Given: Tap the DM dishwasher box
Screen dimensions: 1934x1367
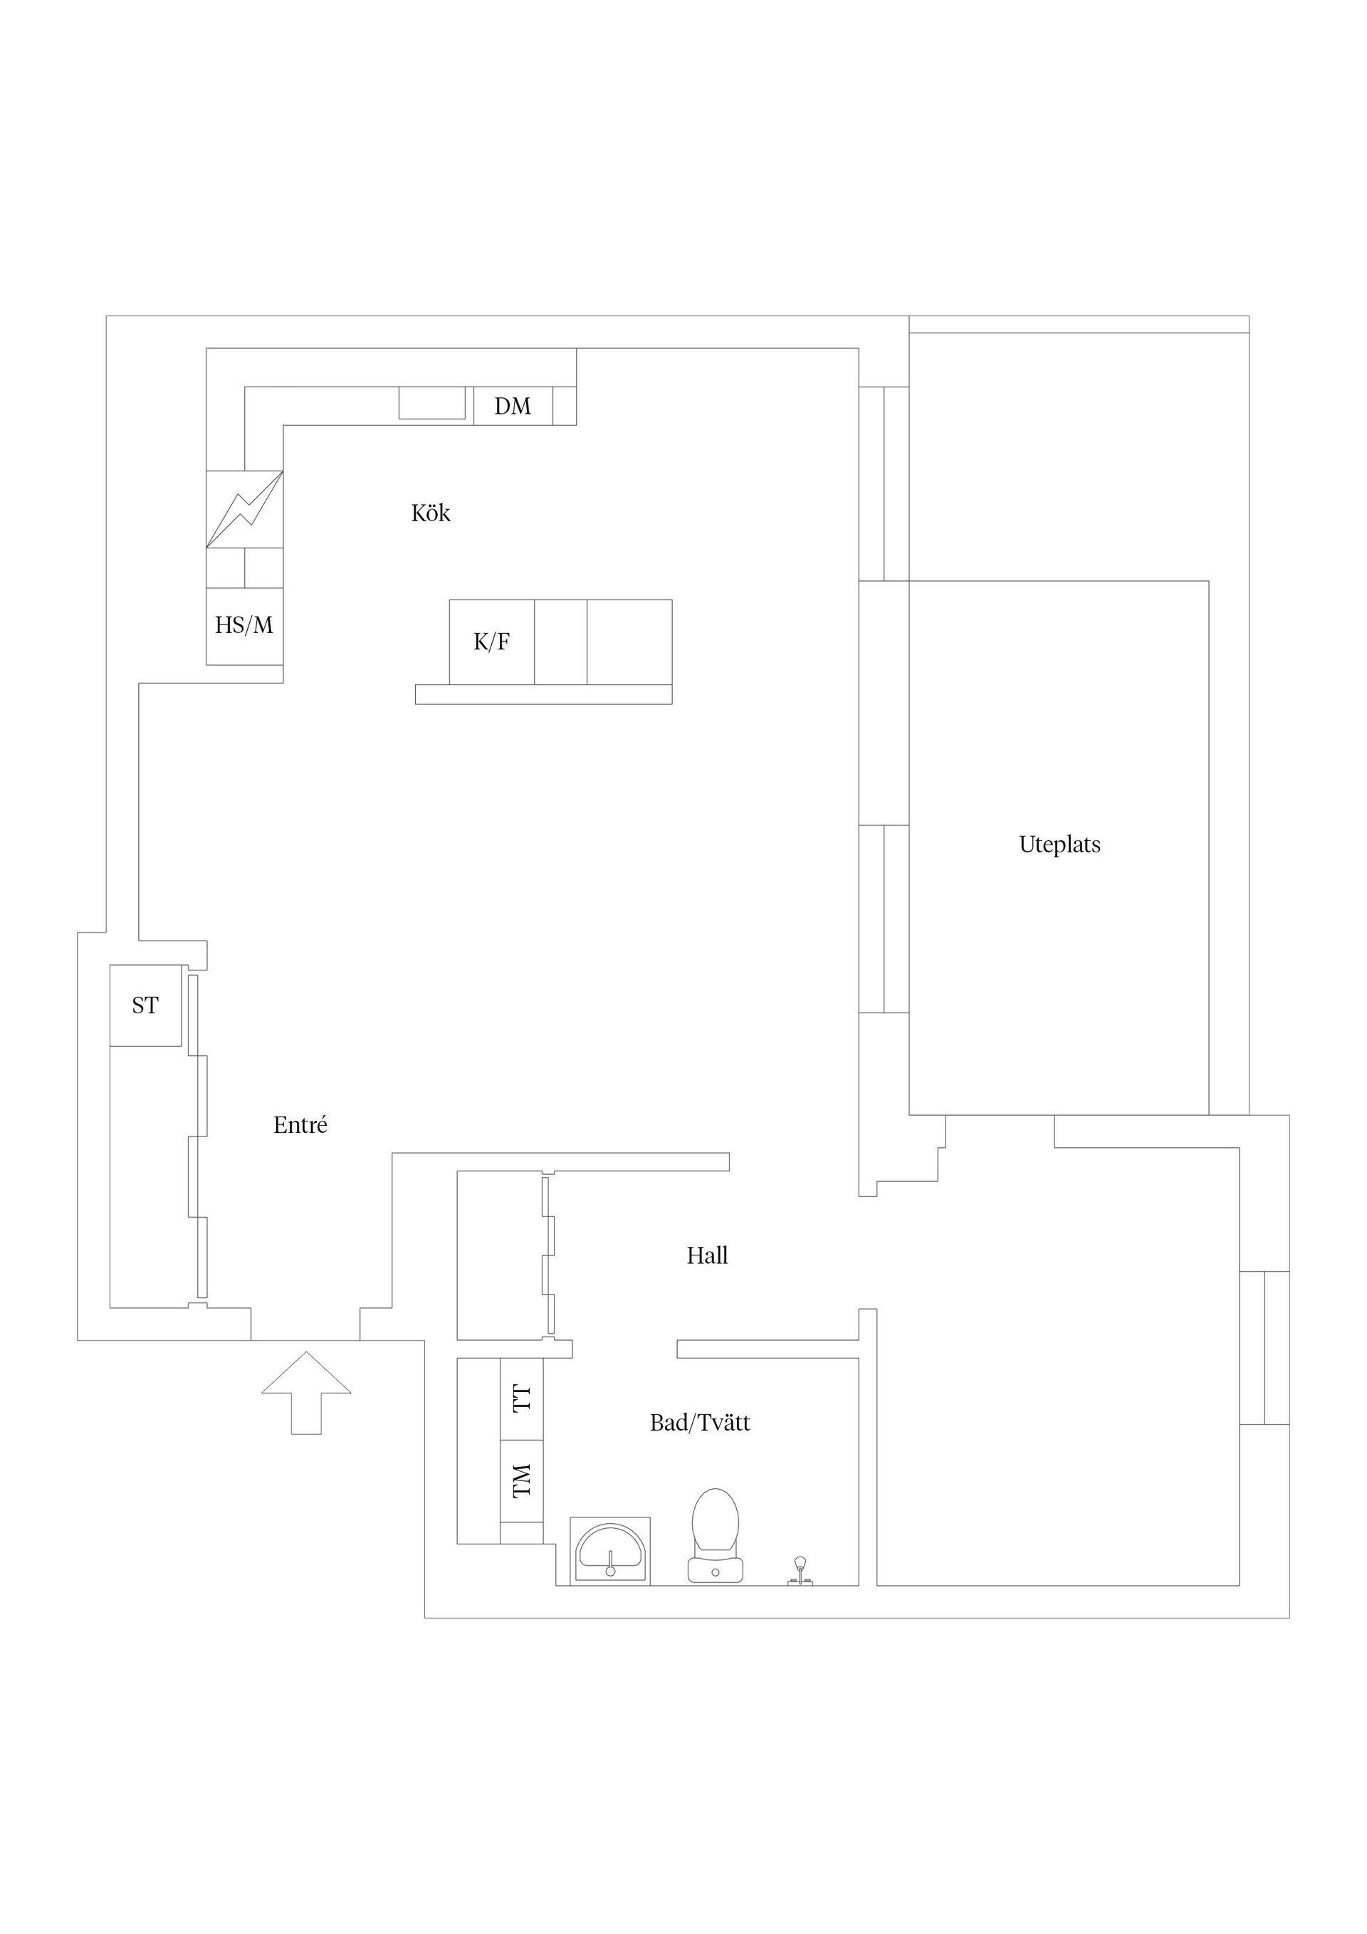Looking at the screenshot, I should pyautogui.click(x=513, y=406).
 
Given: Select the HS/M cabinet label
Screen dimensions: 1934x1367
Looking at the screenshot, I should pyautogui.click(x=244, y=625).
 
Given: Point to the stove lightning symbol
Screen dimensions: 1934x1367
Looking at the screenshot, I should pyautogui.click(x=244, y=508).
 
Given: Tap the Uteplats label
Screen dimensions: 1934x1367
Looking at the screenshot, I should pyautogui.click(x=1059, y=844).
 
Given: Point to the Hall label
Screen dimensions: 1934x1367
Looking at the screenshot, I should pyautogui.click(x=707, y=1256).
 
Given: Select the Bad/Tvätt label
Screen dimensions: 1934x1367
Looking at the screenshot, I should pyautogui.click(x=699, y=1423).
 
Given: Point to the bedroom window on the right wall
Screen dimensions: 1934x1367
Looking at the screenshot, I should pyautogui.click(x=1264, y=1347).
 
